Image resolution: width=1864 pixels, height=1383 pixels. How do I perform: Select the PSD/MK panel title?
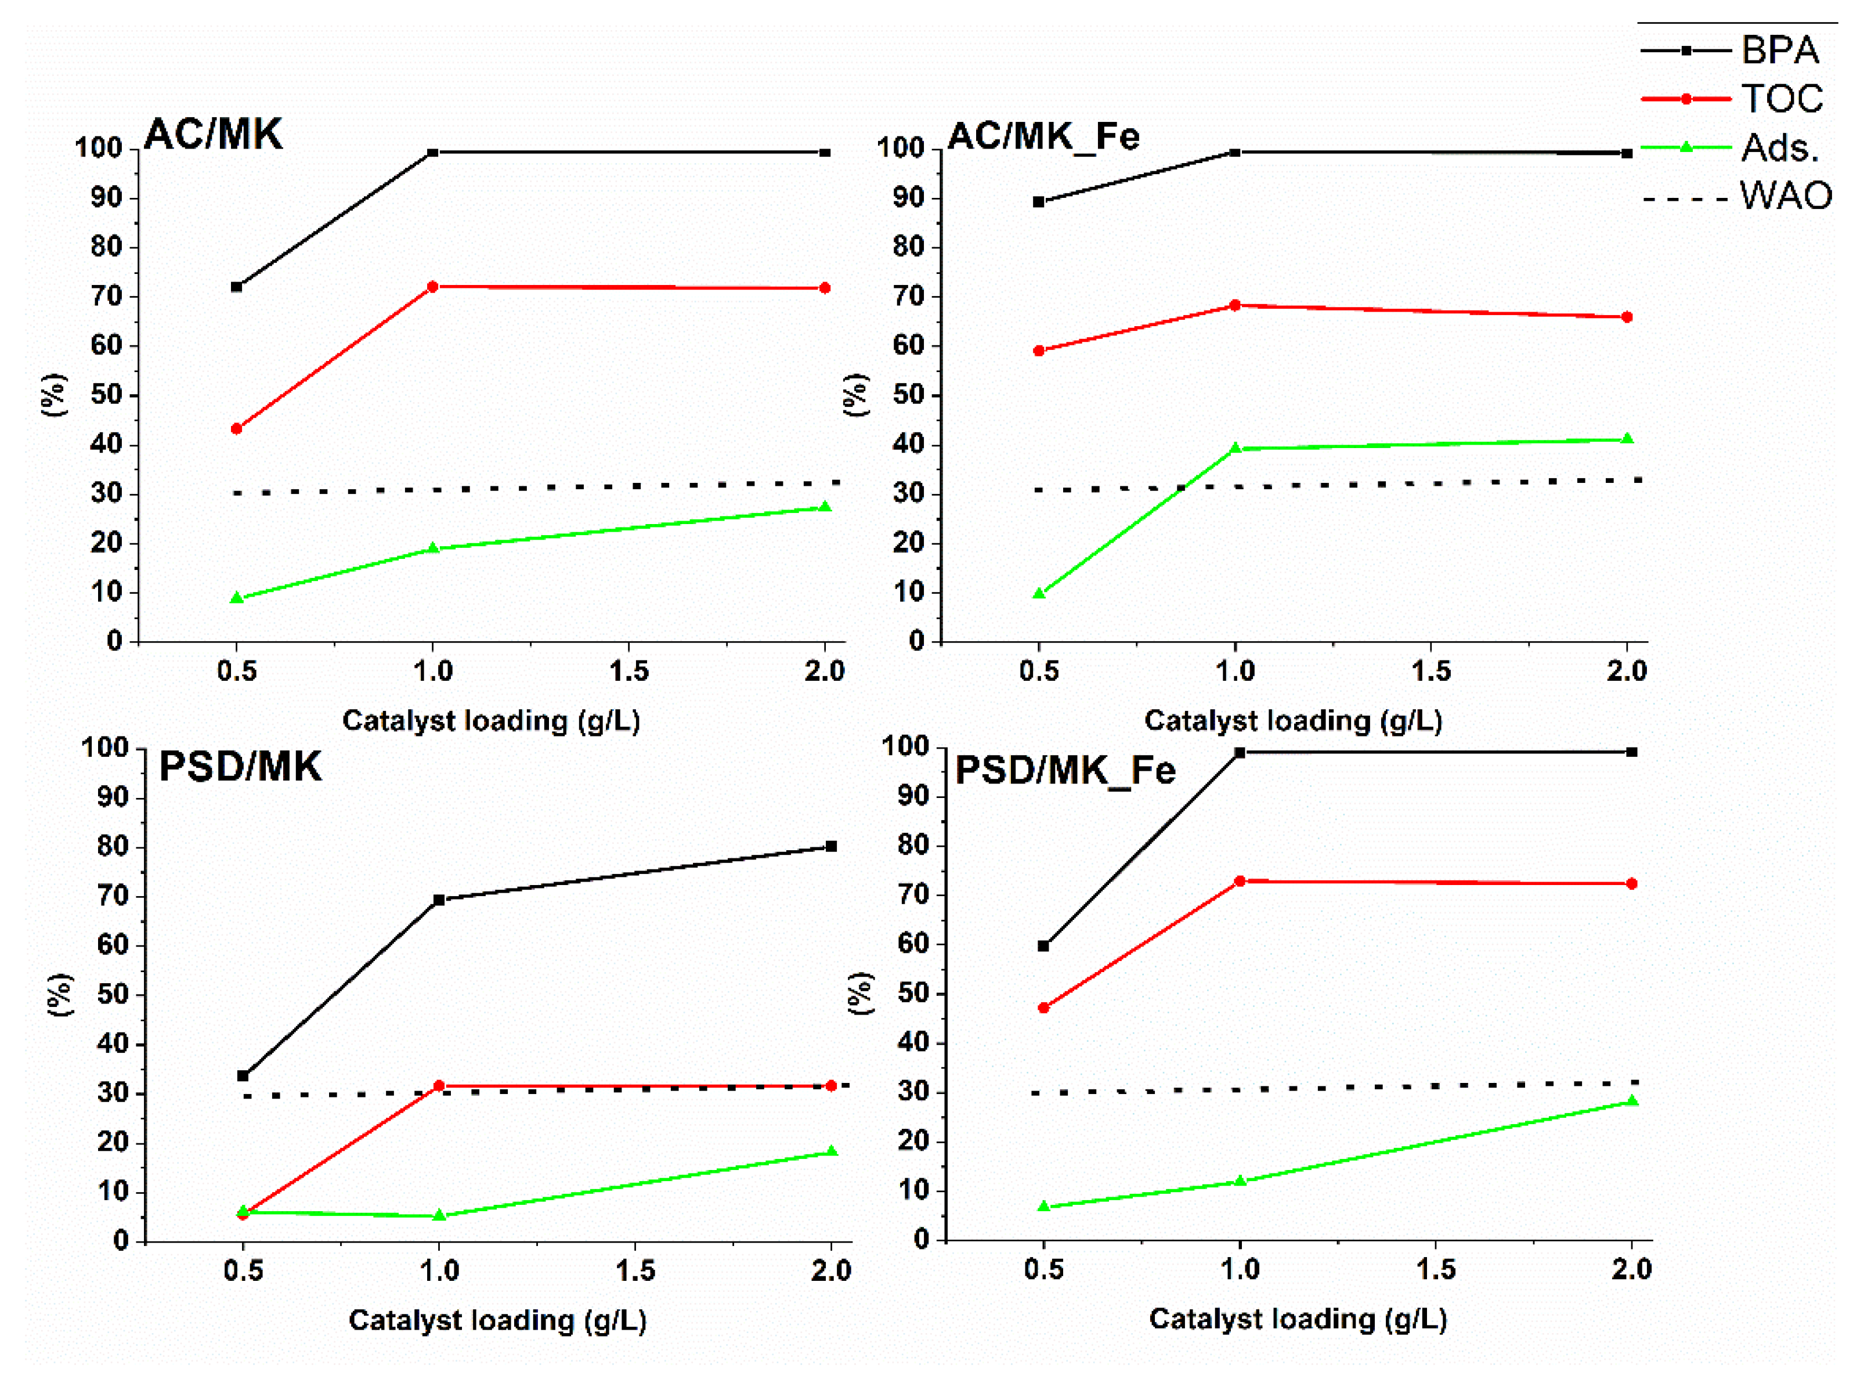tap(240, 766)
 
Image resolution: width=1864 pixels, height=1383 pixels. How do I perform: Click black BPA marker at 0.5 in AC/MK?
tap(237, 287)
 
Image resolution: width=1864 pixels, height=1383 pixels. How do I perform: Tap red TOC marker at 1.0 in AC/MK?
tap(433, 287)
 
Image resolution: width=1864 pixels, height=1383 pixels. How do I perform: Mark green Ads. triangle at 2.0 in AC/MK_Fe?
tap(1627, 439)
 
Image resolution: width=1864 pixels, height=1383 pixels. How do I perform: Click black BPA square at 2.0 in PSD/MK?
tap(831, 846)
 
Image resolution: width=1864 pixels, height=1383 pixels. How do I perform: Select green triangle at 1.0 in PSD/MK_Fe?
tap(1240, 1181)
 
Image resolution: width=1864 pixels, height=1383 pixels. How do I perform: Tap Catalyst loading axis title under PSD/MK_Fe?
tap(1298, 1319)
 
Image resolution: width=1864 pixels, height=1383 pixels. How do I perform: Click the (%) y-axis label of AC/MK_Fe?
tap(855, 395)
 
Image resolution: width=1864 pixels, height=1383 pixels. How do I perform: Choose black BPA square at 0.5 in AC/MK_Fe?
tap(1039, 202)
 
